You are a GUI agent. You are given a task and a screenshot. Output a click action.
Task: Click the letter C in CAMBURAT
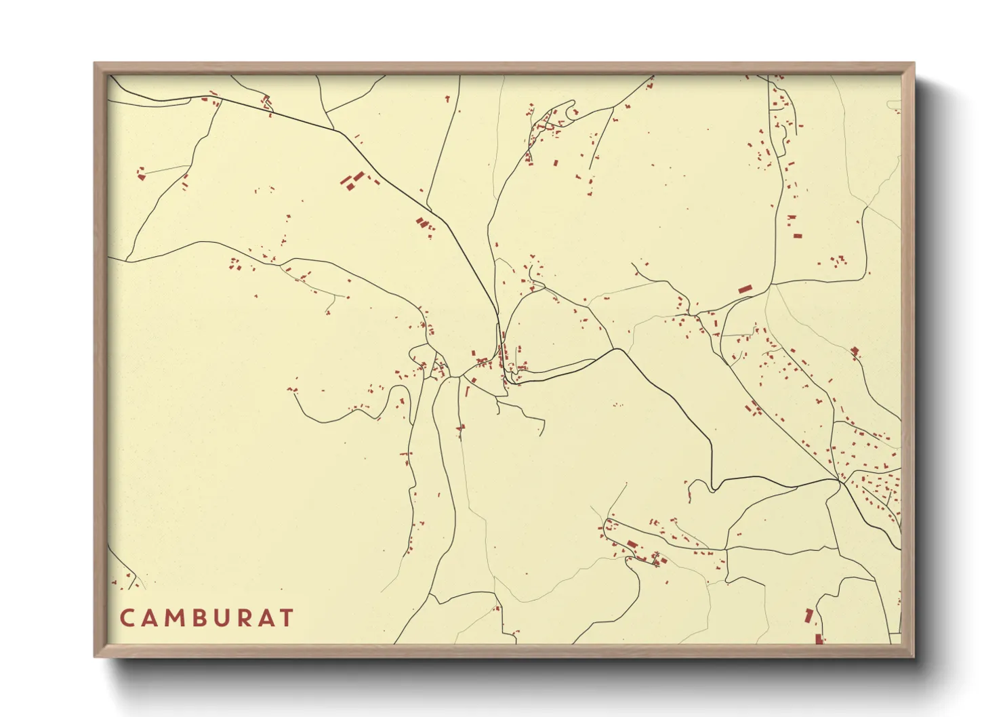[x=127, y=618]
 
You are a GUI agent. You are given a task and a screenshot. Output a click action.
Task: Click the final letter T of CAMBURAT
[x=287, y=618]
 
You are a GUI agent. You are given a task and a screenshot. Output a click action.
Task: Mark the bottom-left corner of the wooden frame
[x=96, y=655]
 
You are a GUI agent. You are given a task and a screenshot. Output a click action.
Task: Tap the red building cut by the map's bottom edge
[x=819, y=639]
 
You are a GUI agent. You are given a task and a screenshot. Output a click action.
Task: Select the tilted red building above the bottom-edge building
[x=808, y=615]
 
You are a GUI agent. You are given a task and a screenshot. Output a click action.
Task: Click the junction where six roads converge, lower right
[x=840, y=480]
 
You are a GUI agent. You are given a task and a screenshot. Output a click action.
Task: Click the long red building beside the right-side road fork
[x=745, y=289]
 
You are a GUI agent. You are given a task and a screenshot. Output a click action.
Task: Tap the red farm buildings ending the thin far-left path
[x=141, y=174]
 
